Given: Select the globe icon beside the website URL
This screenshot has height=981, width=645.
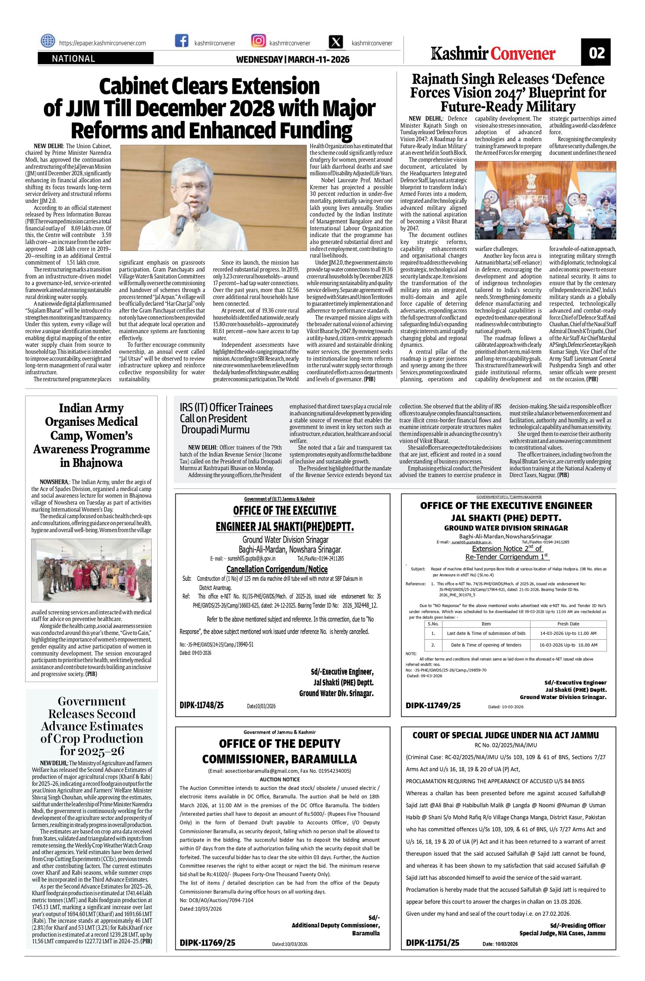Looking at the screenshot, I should (x=48, y=41).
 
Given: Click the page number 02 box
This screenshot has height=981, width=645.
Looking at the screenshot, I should (x=596, y=52).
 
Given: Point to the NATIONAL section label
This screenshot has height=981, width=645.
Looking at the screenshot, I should (x=73, y=59).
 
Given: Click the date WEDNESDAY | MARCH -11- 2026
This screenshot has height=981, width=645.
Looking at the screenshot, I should (x=292, y=60).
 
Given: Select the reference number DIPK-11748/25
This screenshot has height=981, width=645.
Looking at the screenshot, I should (x=202, y=705).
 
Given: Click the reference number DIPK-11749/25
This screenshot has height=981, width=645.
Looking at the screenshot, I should (x=433, y=705).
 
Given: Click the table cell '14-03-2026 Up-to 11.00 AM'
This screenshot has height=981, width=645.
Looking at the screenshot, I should (x=568, y=633).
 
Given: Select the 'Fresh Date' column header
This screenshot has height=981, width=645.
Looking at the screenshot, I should (x=568, y=624).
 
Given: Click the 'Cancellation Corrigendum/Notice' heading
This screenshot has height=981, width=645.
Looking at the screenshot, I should (x=277, y=569).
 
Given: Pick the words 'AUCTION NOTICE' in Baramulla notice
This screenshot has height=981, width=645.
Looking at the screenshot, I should (x=280, y=780).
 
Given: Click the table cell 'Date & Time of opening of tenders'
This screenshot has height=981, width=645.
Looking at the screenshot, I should (x=486, y=645).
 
